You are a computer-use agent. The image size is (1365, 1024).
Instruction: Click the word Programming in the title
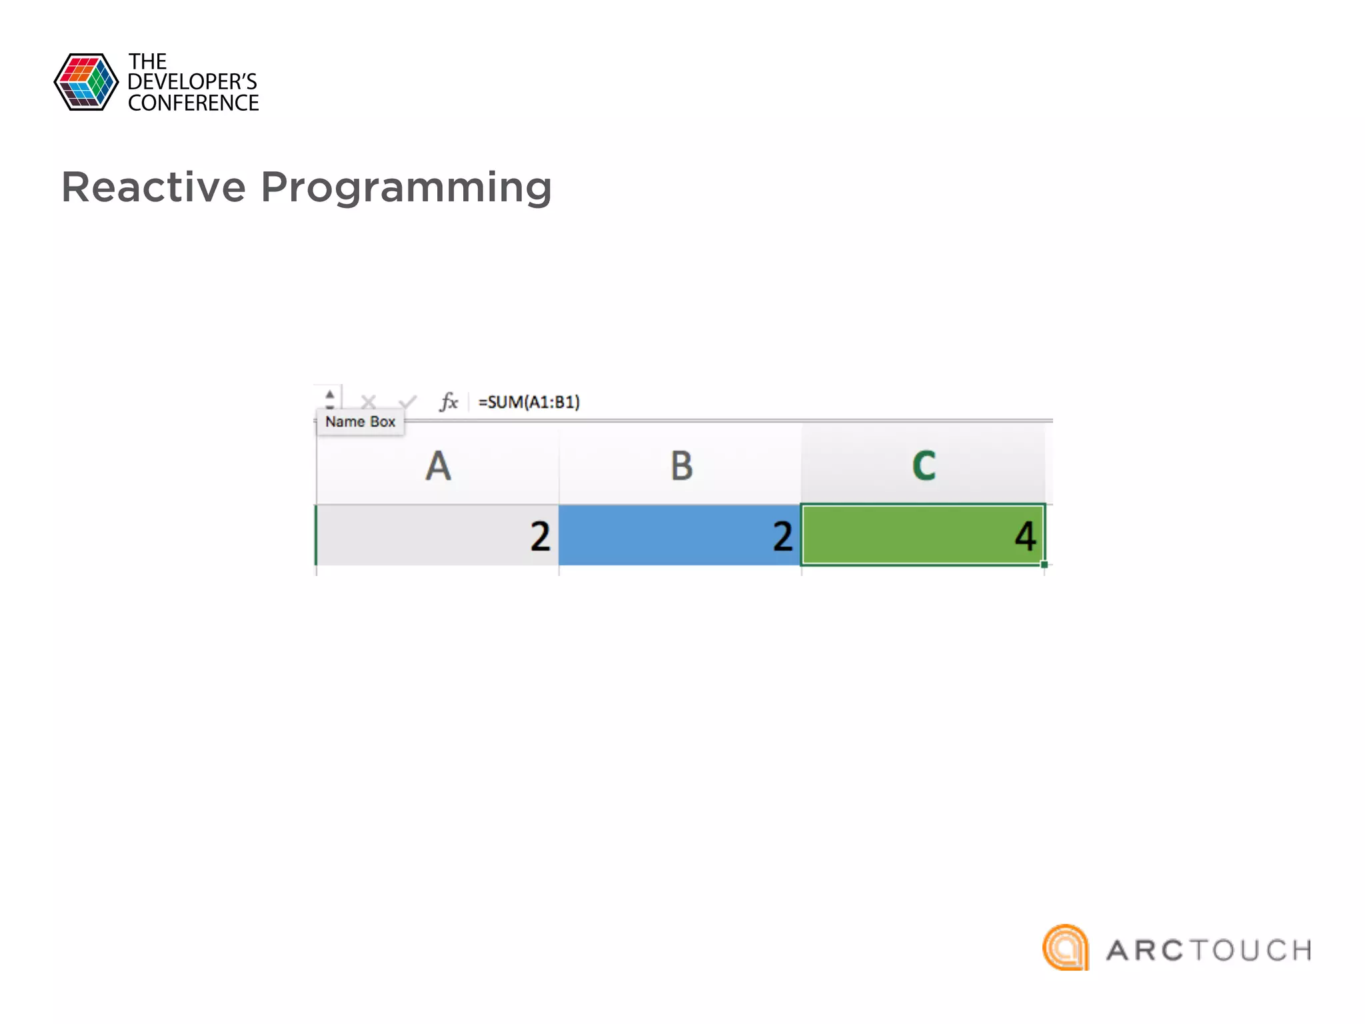(406, 189)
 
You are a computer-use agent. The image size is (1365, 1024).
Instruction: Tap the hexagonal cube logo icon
(86, 82)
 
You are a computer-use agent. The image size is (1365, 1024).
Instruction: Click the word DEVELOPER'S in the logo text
(192, 82)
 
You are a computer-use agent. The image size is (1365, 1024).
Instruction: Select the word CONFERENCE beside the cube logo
(193, 103)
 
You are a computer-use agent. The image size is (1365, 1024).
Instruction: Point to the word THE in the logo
(147, 62)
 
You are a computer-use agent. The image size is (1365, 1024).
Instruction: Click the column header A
(438, 465)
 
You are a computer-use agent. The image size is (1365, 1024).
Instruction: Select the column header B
(681, 465)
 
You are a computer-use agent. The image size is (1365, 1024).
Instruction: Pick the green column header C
(924, 465)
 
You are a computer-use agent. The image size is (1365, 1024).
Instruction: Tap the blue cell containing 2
(680, 535)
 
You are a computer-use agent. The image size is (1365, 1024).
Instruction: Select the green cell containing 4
(923, 535)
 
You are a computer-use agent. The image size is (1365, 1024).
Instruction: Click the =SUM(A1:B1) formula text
(529, 402)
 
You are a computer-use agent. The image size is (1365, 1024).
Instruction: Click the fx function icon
(449, 401)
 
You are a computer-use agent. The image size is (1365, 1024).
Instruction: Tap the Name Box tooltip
(360, 422)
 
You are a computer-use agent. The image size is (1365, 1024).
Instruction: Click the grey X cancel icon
(368, 401)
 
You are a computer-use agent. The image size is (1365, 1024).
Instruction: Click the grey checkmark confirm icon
(407, 401)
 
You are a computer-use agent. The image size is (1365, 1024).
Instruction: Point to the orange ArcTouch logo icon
(1066, 947)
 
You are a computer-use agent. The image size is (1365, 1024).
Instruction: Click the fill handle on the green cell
(1044, 565)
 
